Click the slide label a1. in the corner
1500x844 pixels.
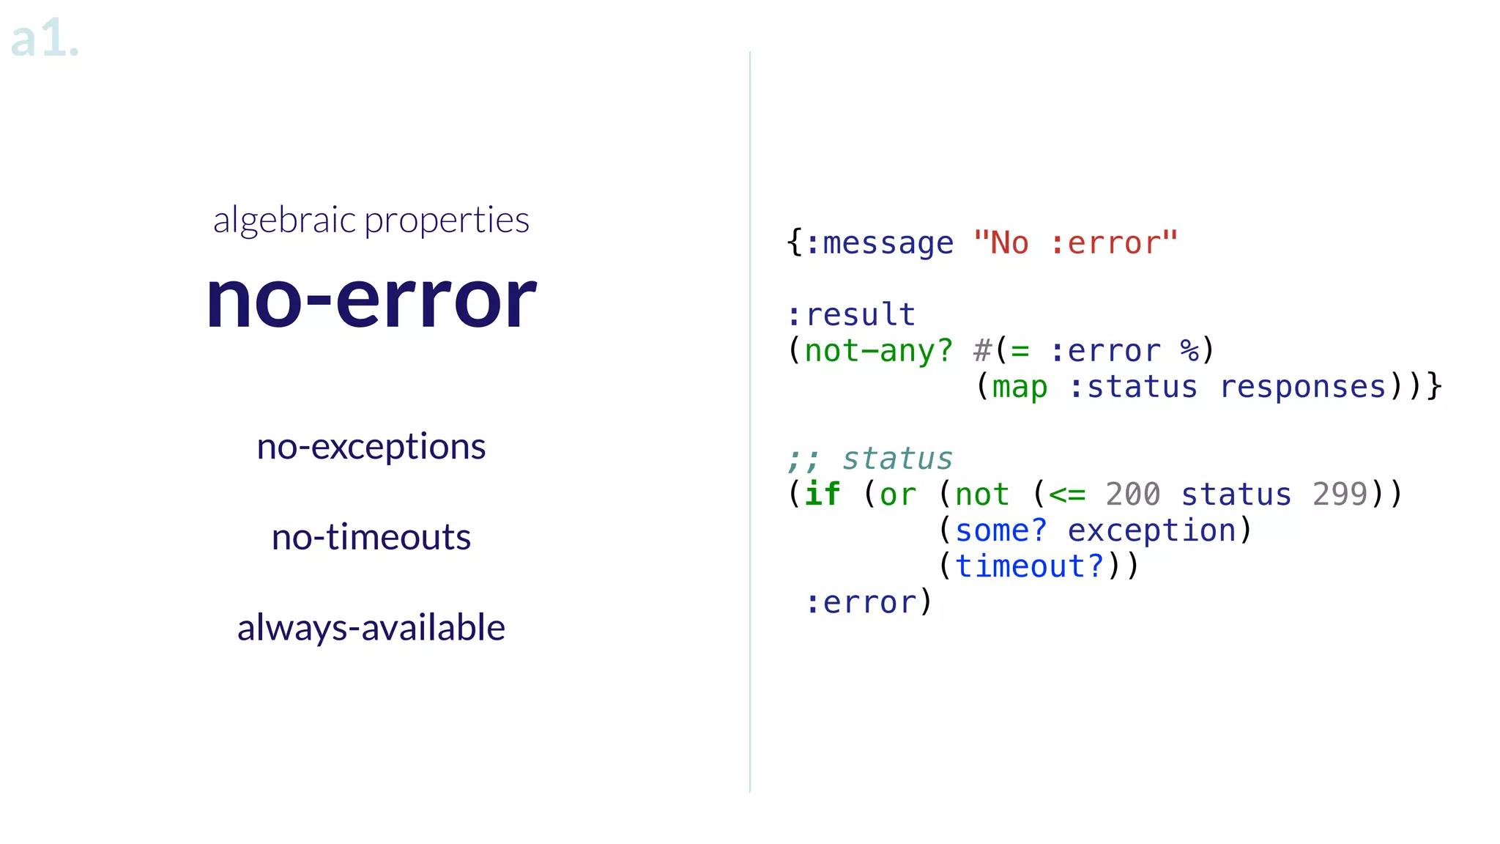[44, 38]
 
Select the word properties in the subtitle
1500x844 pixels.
[447, 221]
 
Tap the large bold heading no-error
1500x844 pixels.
[371, 298]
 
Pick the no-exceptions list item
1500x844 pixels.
[371, 447]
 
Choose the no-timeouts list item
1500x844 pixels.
[371, 537]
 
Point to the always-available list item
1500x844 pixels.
[371, 628]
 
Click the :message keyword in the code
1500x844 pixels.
[879, 243]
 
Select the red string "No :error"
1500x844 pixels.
[1075, 243]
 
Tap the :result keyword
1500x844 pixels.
[851, 315]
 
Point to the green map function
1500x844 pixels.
[1020, 387]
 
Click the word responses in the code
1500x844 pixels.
[1302, 387]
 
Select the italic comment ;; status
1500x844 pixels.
[869, 459]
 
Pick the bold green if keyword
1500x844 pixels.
[823, 495]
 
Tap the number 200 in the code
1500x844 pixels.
[1132, 495]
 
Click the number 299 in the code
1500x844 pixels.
[1340, 495]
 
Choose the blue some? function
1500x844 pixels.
[1000, 530]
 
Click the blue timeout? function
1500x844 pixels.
[1029, 566]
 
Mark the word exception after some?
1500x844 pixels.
[1151, 530]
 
